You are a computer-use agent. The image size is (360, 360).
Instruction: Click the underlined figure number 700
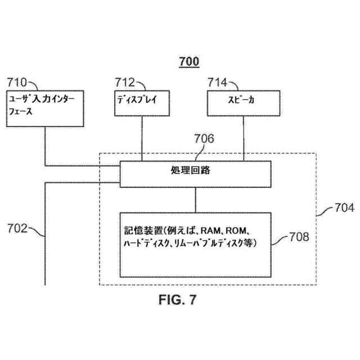[x=189, y=62]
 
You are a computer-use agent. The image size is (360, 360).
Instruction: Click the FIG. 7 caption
[x=178, y=300]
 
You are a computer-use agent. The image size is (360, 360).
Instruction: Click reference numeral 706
[x=204, y=138]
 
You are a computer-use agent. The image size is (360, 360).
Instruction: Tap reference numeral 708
[x=299, y=236]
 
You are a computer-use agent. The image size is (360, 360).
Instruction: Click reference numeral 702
[x=17, y=228]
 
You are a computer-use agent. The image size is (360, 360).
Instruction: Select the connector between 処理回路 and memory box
[x=195, y=199]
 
